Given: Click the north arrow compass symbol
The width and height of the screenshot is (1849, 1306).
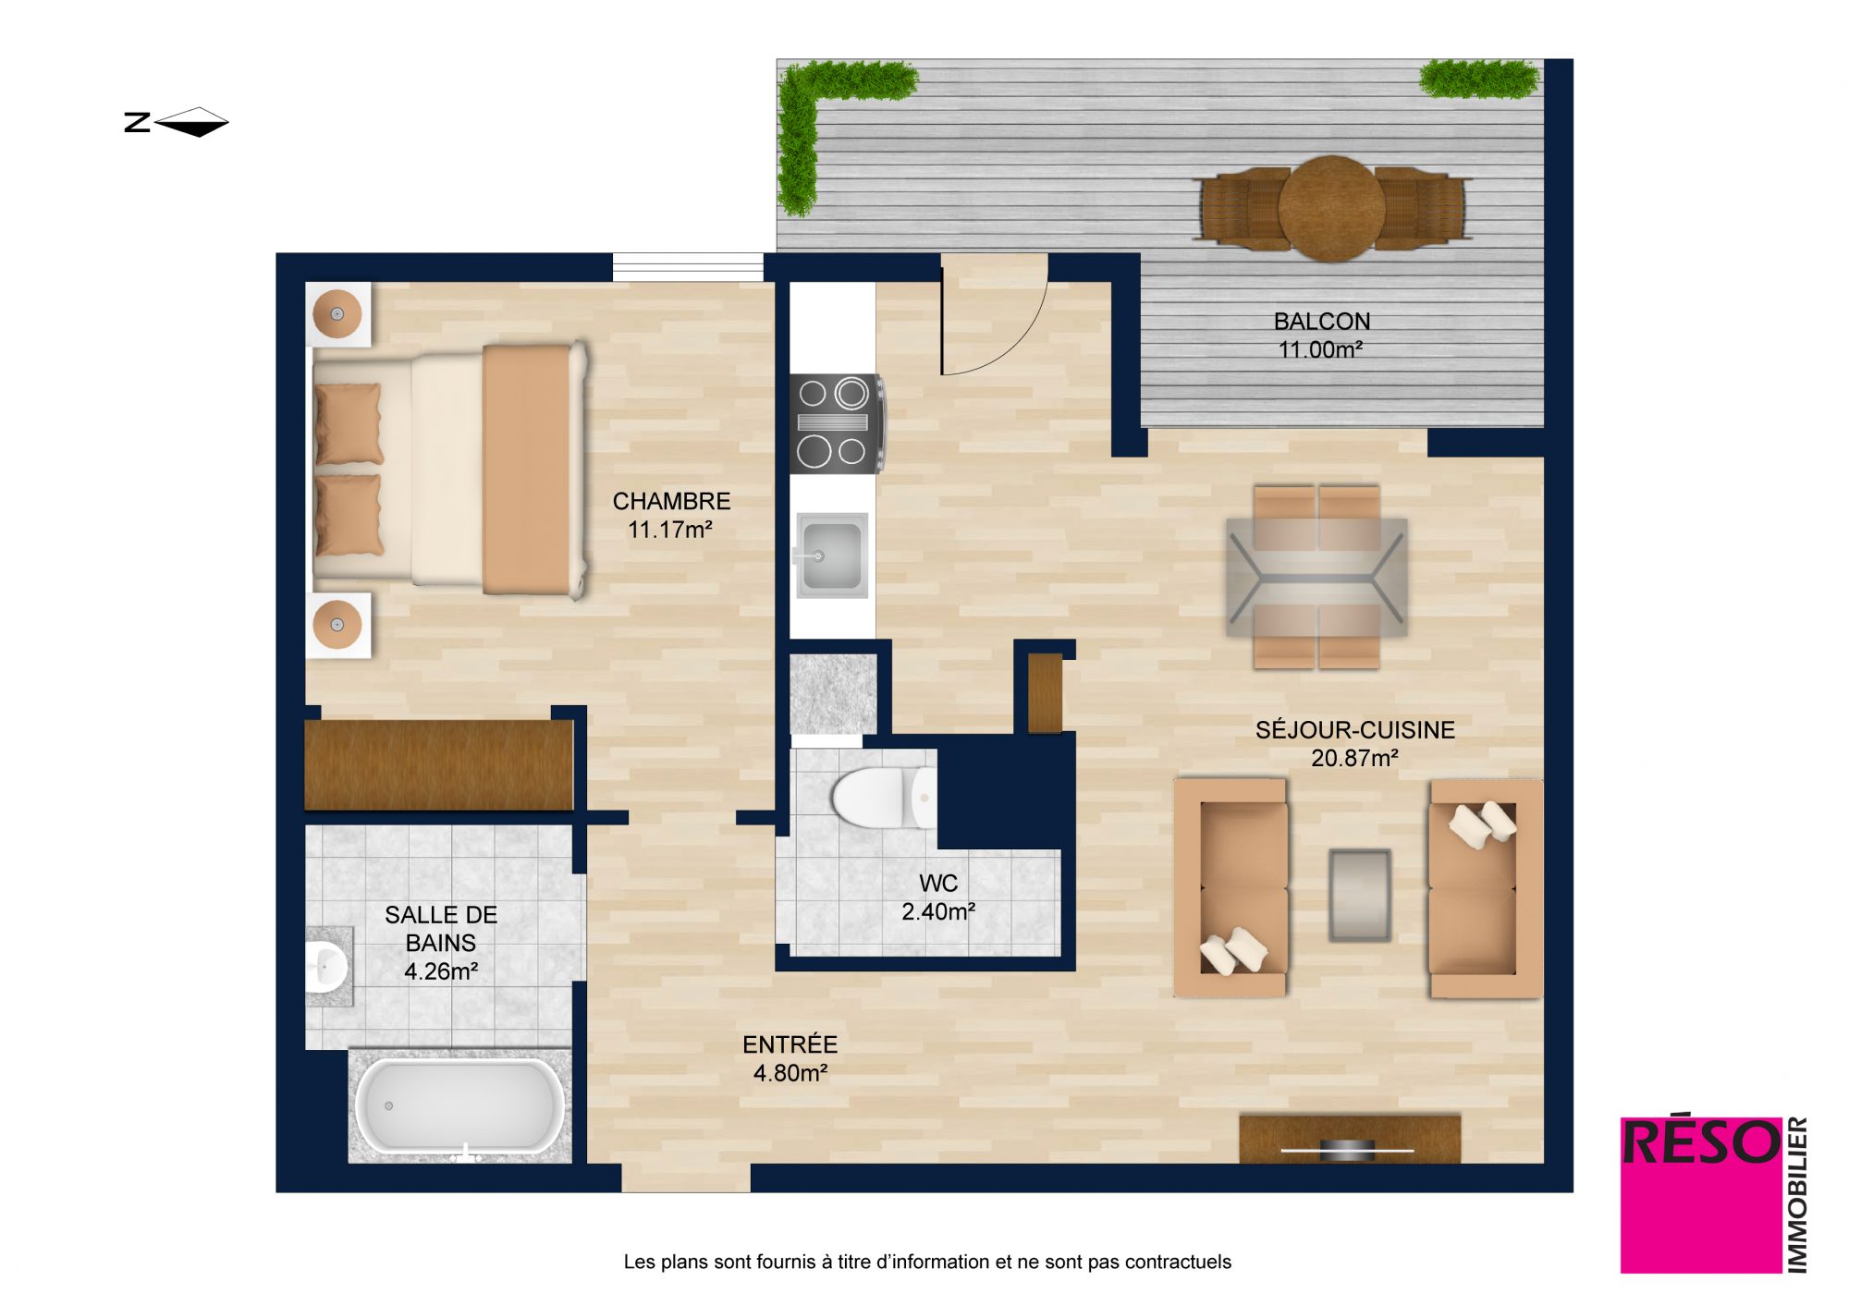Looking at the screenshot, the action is pos(177,122).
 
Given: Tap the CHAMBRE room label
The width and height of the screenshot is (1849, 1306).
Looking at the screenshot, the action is pos(671,501).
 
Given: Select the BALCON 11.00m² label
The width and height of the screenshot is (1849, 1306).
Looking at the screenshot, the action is pos(1321,335).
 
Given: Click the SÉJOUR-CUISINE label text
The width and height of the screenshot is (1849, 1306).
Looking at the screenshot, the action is pos(1354,730).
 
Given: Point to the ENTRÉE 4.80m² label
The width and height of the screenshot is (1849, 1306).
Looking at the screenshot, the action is pos(790,1058).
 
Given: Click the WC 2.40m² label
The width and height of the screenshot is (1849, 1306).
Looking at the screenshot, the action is pos(937,897).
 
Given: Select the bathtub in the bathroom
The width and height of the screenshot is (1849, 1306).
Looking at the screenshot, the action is pos(459,1106).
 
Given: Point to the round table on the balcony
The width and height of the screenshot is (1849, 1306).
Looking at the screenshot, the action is pos(1331,209).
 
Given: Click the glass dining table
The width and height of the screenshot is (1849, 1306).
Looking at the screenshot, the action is pos(1316,577).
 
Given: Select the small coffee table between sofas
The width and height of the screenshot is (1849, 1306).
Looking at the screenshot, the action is pos(1359,896).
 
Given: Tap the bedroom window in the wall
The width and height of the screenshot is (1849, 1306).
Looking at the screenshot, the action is pos(688,267).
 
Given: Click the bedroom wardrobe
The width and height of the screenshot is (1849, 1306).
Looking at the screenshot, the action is pos(439,765).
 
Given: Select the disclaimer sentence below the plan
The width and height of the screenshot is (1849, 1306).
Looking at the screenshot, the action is pos(927,1262).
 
